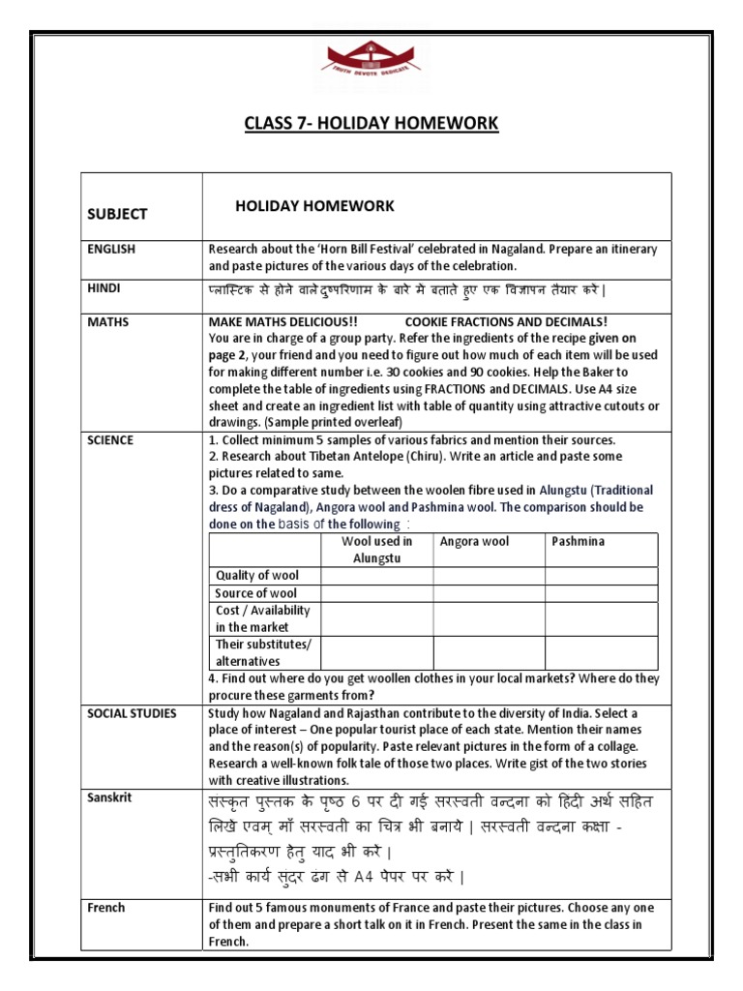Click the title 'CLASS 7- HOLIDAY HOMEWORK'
click(371, 123)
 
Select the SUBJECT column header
click(117, 214)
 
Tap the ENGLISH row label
click(112, 250)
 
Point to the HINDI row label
click(105, 288)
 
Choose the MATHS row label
click(107, 322)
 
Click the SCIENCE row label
click(110, 440)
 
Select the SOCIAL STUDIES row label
click(132, 713)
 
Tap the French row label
click(106, 908)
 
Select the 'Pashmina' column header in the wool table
click(578, 542)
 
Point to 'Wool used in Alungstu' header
click(376, 550)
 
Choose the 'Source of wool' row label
click(255, 593)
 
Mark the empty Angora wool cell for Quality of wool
click(489, 576)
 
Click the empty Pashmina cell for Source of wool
click(601, 593)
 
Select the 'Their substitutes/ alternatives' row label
click(263, 652)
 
